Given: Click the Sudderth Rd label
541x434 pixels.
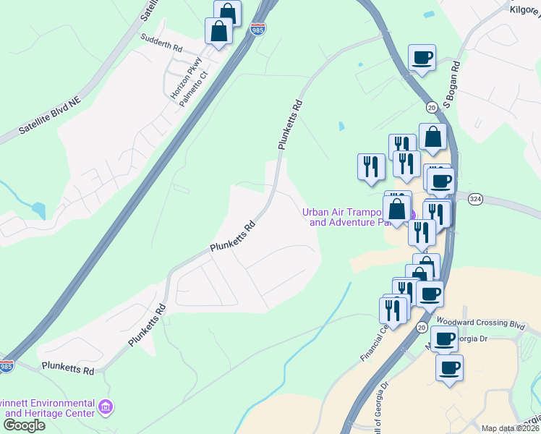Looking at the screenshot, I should pos(161,45).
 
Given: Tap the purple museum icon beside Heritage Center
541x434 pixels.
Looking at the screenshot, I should pos(106,407).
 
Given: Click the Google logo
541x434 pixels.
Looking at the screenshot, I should pos(24,425).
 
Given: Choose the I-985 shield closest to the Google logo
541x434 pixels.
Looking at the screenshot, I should pos(6,367).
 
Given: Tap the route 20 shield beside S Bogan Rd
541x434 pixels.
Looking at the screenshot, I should pos(432,108).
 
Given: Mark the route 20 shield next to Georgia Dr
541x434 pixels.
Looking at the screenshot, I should pos(422,328).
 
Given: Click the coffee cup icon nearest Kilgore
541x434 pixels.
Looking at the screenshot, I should pos(422,58).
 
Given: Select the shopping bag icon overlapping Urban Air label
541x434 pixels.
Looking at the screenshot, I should pos(397,210).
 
